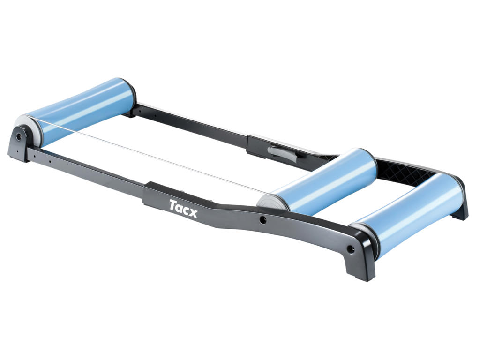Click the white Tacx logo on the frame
click(183, 208)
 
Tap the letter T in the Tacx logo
click(173, 205)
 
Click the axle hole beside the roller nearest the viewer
click(351, 248)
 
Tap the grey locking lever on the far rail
click(278, 153)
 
